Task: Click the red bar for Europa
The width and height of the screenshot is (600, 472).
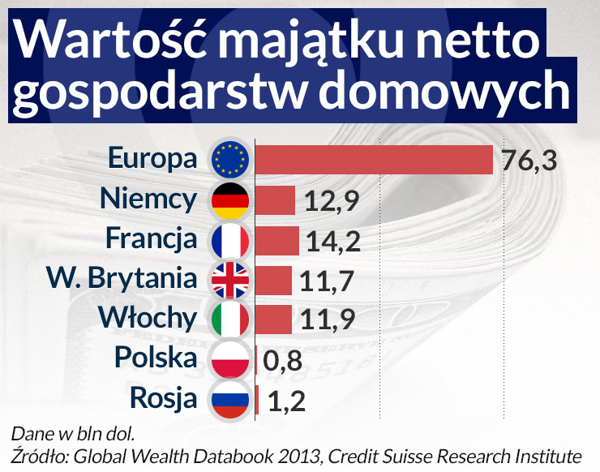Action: [x=375, y=160]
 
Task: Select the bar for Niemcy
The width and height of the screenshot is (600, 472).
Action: [x=276, y=200]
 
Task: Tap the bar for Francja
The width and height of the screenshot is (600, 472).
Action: [x=278, y=240]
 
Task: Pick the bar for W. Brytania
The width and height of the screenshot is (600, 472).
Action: [x=274, y=280]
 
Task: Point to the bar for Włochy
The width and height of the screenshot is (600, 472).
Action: [x=275, y=319]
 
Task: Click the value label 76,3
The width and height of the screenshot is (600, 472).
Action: [x=529, y=161]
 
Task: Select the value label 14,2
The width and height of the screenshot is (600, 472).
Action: [x=333, y=241]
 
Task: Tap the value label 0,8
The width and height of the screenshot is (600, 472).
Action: [x=281, y=360]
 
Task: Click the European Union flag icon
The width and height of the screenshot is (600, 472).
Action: [x=231, y=160]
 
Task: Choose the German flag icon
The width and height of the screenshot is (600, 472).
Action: [x=231, y=200]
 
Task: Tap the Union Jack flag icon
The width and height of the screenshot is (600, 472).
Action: [x=231, y=280]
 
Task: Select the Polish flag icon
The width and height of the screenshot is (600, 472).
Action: [x=231, y=359]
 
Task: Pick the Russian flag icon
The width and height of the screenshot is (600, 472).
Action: [x=231, y=399]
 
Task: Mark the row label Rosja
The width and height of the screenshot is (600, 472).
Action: [x=162, y=399]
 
